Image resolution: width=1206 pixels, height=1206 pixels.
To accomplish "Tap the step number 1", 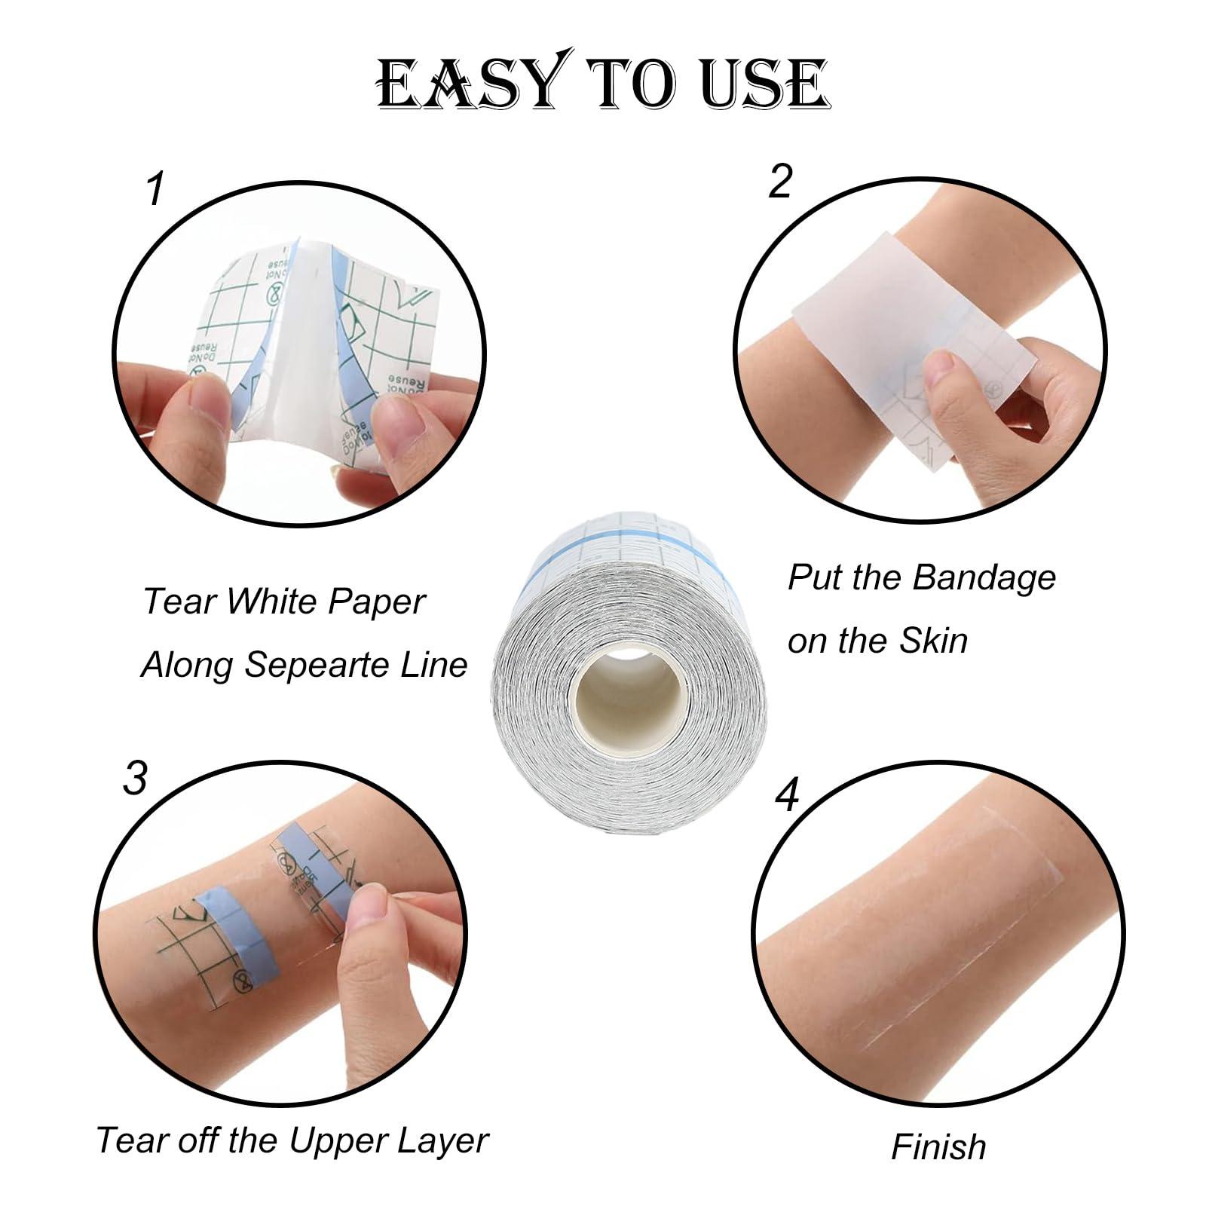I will pyautogui.click(x=155, y=188).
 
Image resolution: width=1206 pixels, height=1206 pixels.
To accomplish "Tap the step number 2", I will pyautogui.click(x=780, y=161).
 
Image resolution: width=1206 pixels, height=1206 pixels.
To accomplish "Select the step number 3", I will pyautogui.click(x=135, y=778).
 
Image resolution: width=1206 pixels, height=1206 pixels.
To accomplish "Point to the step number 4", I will pyautogui.click(x=787, y=795).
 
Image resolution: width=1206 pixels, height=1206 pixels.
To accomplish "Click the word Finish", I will pyautogui.click(x=938, y=1146).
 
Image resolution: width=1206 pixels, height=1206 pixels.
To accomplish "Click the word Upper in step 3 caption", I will pyautogui.click(x=342, y=1140).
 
